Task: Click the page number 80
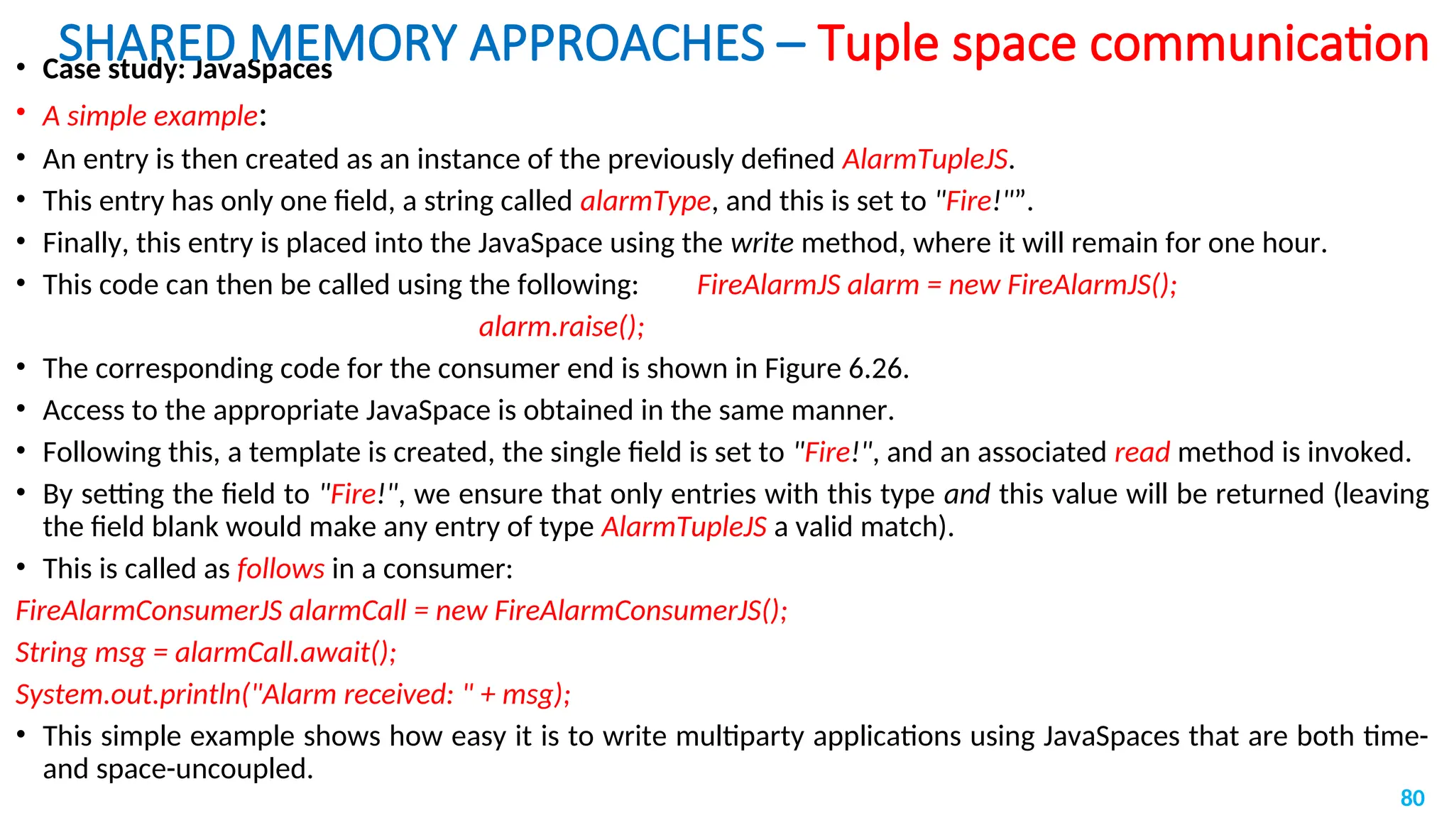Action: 1412,798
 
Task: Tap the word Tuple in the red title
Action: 878,44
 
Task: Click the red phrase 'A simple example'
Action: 150,116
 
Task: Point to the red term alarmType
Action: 645,201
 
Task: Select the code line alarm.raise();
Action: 562,327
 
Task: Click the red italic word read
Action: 1142,452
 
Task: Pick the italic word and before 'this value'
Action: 967,494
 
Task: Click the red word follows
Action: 280,569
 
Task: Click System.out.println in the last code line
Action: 128,694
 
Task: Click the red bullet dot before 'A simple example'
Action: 21,111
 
